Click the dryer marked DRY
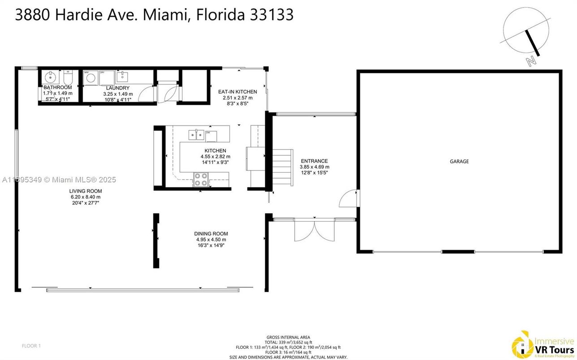(106, 77)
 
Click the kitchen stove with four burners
(200, 180)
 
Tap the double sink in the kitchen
(195, 133)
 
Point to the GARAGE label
(459, 161)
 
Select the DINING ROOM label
(211, 234)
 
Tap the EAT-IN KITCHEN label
(237, 92)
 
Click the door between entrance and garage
(351, 197)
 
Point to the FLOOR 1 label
(31, 346)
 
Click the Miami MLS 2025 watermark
(59, 180)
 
